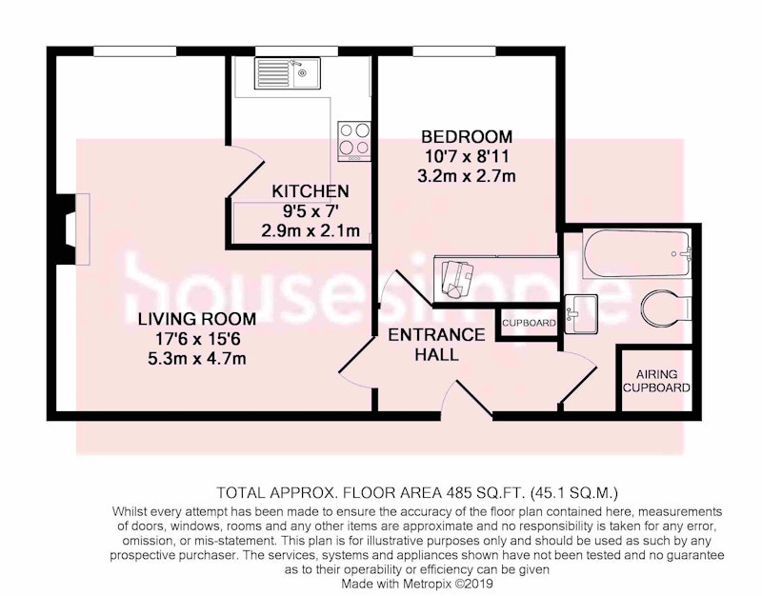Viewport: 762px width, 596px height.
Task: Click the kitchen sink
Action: tap(288, 73)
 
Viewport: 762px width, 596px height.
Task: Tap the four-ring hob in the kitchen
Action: tap(354, 141)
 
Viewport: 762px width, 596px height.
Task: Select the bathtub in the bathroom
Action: tap(636, 253)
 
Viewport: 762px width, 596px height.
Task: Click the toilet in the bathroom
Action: tap(666, 307)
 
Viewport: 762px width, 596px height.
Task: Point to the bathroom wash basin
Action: tap(581, 313)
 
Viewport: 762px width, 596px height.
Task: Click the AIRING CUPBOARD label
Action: tap(656, 381)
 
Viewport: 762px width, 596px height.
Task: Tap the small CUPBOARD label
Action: tap(529, 323)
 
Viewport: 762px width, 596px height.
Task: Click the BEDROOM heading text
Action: tap(467, 136)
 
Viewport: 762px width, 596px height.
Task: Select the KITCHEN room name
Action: tap(311, 191)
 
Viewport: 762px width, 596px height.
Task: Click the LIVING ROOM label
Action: tap(197, 319)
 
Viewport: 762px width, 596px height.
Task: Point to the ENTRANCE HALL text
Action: tap(436, 345)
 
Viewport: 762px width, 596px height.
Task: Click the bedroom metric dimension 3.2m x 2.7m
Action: tap(467, 175)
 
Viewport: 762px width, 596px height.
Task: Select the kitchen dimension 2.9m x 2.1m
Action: tap(311, 229)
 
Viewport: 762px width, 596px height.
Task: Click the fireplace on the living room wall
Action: tap(73, 228)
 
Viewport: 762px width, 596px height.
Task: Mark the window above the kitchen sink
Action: tap(297, 51)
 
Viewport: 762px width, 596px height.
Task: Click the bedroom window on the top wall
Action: tap(454, 51)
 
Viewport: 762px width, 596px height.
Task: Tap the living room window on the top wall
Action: tap(135, 51)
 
